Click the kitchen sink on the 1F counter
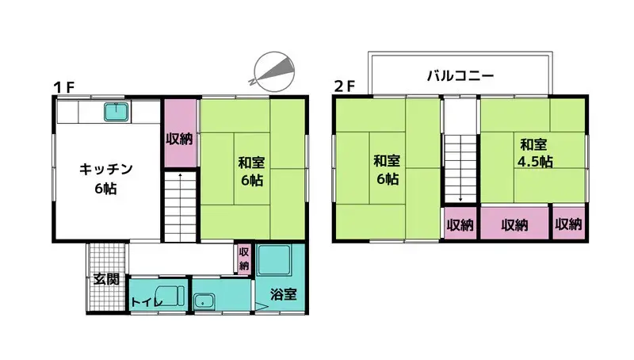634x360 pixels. [x=116, y=112]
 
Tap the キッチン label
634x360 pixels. [x=106, y=169]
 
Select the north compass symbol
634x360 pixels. [x=273, y=71]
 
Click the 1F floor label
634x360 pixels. [x=64, y=87]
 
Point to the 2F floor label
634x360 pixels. [x=345, y=86]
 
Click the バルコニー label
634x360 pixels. [x=460, y=75]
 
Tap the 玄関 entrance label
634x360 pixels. [x=106, y=278]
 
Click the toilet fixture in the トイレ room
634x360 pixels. [x=170, y=296]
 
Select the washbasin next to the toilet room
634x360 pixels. [x=204, y=301]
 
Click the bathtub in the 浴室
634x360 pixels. [x=273, y=259]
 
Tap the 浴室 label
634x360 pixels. [x=284, y=294]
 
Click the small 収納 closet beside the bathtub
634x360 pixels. [x=244, y=259]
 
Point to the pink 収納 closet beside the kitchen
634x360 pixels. [x=180, y=132]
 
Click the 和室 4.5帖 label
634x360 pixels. [x=535, y=153]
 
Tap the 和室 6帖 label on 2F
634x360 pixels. [x=387, y=170]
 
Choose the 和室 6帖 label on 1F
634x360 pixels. [x=251, y=171]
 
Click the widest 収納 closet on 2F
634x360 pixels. [x=514, y=224]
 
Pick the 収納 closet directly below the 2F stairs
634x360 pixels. [x=460, y=224]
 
